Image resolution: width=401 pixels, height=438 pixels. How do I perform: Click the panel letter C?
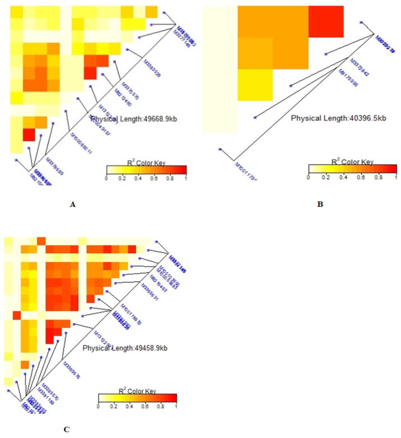[x=66, y=430]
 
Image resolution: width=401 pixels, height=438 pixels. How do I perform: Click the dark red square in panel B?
[x=326, y=22]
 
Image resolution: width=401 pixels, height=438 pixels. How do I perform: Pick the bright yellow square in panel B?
[x=255, y=85]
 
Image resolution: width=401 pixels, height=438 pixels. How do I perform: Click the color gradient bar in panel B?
[x=352, y=168]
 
